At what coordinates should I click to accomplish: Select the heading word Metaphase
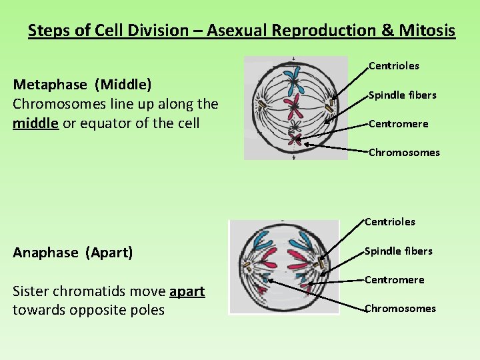coord(50,85)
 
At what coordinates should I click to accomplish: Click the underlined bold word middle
coord(35,123)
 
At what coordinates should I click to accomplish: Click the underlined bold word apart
coord(187,291)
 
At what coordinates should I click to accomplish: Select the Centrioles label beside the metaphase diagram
coord(394,65)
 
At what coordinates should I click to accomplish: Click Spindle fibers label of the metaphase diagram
coord(402,95)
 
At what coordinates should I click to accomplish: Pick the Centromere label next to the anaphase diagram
coord(394,280)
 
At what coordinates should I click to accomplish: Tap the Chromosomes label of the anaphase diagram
coord(400,309)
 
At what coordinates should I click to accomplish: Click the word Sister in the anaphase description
coord(33,291)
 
